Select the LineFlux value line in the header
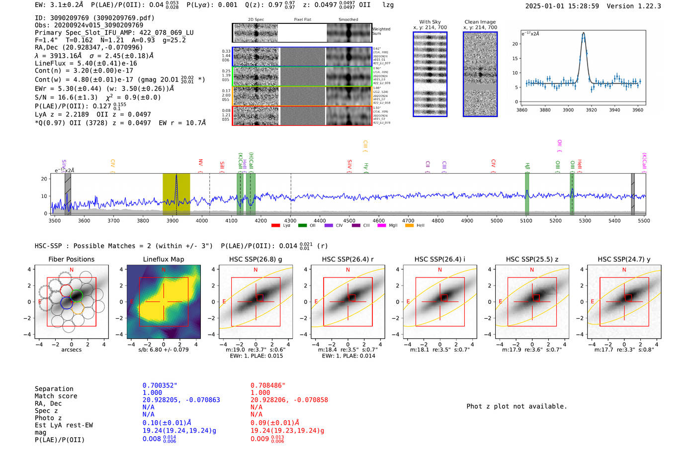(86, 63)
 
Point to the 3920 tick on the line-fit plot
(591, 110)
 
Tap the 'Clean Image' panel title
(480, 22)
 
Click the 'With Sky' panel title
(430, 22)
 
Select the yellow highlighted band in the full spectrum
(176, 194)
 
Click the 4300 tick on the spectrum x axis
(290, 220)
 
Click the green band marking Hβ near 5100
(527, 194)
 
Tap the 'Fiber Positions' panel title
(71, 259)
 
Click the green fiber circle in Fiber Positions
(77, 295)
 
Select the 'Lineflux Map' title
(164, 259)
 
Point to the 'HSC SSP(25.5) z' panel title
(532, 259)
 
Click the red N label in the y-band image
(624, 270)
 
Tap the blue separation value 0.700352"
(160, 385)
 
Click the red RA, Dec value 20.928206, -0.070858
(289, 400)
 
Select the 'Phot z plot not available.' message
(517, 406)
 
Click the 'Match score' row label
(56, 396)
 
